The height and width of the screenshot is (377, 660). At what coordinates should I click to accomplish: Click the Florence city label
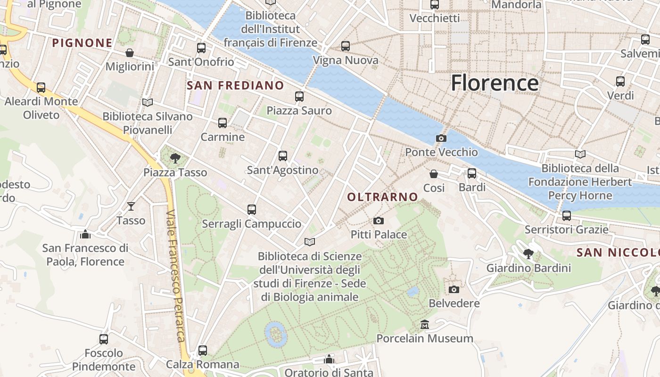point(495,83)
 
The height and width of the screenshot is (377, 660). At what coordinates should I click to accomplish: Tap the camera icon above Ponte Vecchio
point(441,138)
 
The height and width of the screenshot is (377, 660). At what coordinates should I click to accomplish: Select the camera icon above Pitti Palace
point(378,221)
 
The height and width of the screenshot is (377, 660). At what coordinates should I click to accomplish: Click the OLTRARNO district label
point(382,197)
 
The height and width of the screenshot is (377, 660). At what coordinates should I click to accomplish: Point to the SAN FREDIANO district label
point(235,85)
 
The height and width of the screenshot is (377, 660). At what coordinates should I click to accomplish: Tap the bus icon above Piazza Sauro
point(299,97)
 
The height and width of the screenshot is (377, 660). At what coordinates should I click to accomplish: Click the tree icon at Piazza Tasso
point(175,158)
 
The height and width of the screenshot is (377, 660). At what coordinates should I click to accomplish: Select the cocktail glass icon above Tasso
point(131,206)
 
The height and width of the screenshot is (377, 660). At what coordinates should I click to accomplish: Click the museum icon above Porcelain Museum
point(425,324)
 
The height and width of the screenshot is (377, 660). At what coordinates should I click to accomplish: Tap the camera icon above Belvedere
point(454,289)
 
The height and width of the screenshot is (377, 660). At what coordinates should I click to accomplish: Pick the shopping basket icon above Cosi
point(434,174)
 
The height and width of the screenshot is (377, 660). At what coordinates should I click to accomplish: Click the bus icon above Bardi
point(472,173)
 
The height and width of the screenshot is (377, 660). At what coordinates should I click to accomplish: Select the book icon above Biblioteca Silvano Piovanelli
point(148,102)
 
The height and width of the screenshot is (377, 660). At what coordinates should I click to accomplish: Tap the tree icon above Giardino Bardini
point(528,254)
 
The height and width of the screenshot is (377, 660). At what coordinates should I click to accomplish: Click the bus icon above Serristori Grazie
point(567,216)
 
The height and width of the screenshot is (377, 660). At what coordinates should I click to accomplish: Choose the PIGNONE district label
point(82,43)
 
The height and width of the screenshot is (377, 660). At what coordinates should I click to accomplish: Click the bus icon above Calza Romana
point(203,351)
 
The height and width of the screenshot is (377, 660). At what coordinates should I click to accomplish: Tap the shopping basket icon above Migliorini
point(130,53)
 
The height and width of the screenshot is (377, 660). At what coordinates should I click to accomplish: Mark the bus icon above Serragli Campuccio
point(252,209)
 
